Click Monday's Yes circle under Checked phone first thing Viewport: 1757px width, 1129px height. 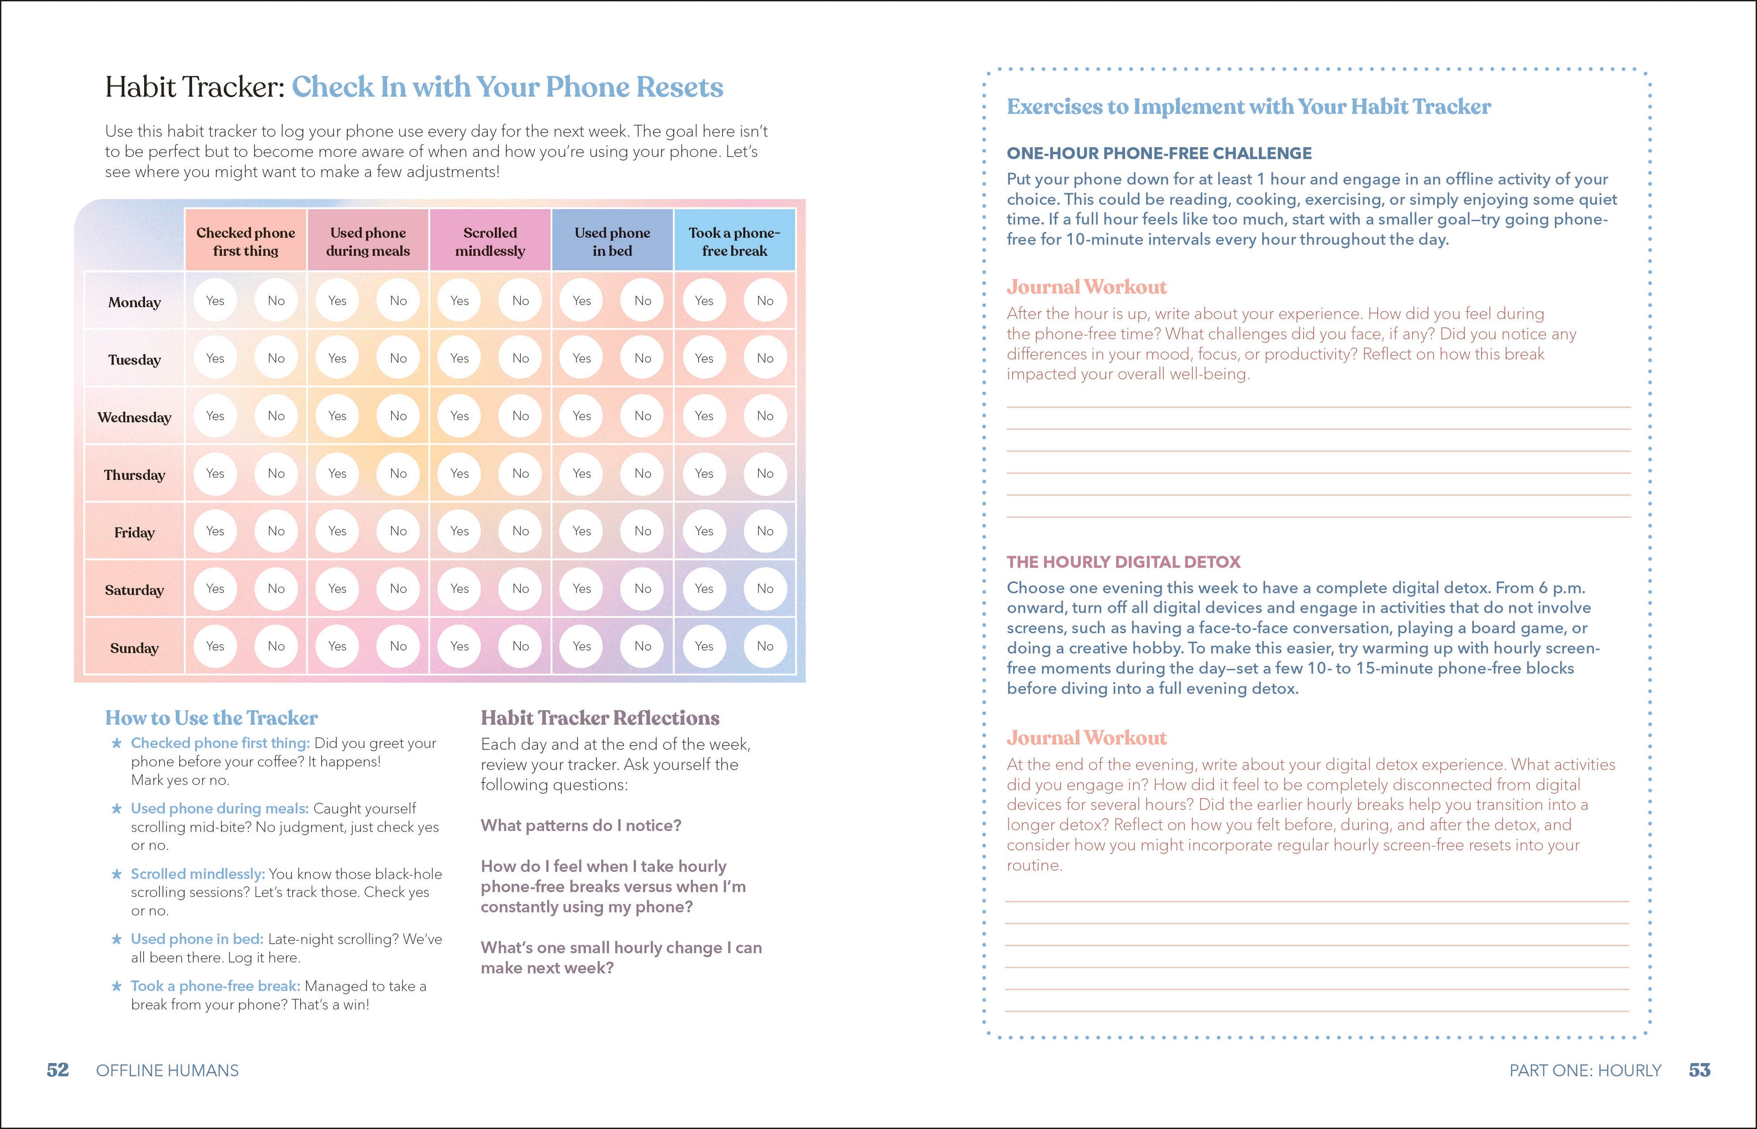[x=215, y=301]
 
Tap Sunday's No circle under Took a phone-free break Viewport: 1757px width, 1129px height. [x=765, y=646]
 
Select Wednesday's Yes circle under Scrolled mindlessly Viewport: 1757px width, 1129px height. [x=459, y=416]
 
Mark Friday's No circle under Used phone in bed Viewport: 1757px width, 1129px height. [x=643, y=531]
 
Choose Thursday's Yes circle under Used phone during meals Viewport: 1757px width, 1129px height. [x=337, y=474]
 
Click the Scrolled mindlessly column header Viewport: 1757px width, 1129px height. [x=490, y=241]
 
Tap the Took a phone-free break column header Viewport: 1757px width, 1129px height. [x=734, y=241]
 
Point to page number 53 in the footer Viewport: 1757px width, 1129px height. [x=1699, y=1070]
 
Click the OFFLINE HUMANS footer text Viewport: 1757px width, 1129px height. [x=167, y=1070]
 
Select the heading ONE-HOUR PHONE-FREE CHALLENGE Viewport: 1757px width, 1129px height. [x=1159, y=153]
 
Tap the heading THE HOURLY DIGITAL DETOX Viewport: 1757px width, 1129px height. [x=1123, y=562]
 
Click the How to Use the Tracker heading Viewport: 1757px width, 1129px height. [x=211, y=718]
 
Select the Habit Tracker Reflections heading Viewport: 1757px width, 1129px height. [x=599, y=718]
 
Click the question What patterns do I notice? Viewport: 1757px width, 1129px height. [x=581, y=826]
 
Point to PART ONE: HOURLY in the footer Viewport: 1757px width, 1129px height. [x=1585, y=1070]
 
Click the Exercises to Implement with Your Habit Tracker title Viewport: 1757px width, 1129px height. [x=1248, y=107]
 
